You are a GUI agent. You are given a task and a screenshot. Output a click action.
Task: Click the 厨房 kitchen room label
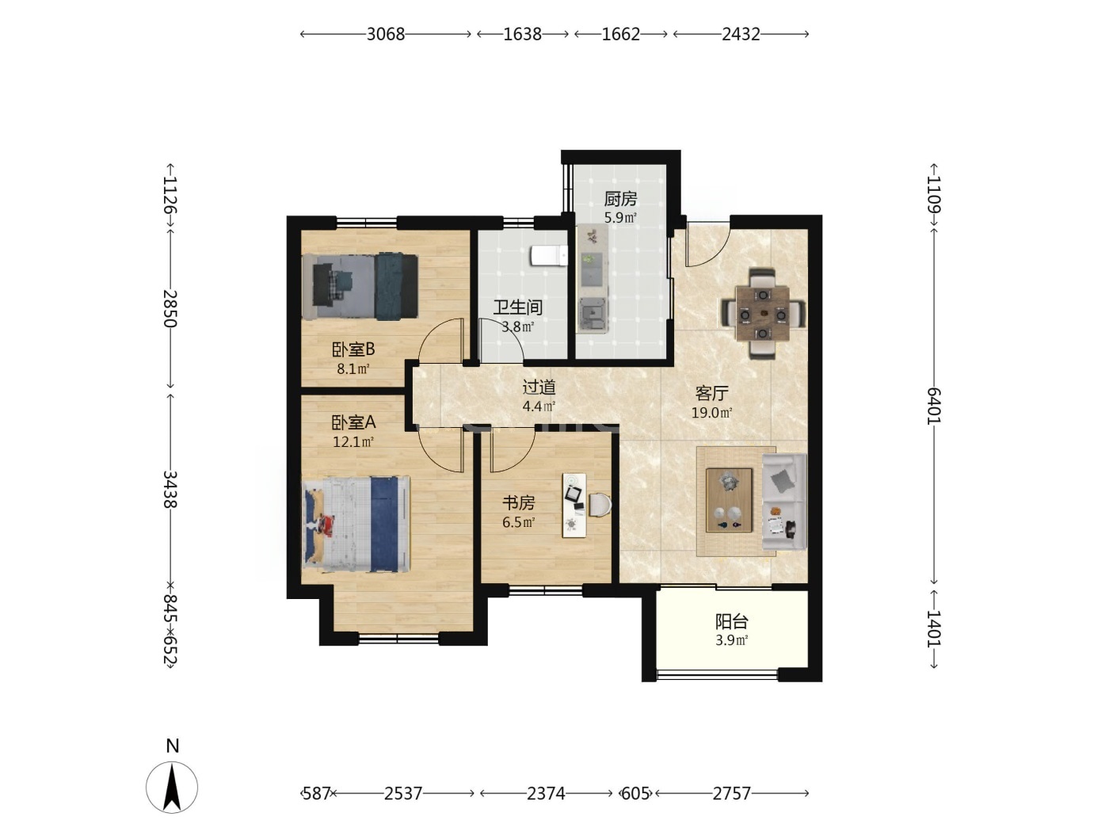click(x=620, y=199)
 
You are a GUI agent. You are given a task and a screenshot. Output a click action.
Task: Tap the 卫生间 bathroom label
click(x=518, y=307)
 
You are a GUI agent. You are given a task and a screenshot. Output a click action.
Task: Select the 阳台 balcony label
click(x=731, y=621)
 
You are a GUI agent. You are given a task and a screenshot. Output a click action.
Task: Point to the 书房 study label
click(x=518, y=502)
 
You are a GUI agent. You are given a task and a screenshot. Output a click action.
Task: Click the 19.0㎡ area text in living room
click(x=711, y=413)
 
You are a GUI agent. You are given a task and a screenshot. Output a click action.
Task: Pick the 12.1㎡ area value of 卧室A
click(x=353, y=442)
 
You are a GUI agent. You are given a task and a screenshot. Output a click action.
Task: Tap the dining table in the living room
click(x=762, y=314)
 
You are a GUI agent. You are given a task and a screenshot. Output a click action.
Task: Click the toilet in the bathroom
click(x=548, y=256)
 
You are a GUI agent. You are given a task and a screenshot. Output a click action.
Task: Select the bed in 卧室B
click(x=360, y=286)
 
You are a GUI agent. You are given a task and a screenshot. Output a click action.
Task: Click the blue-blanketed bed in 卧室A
click(x=356, y=524)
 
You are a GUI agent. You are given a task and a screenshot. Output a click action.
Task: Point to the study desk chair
click(x=600, y=505)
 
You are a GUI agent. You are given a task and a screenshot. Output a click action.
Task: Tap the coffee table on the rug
click(x=729, y=500)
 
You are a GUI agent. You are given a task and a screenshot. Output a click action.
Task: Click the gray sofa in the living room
click(x=784, y=502)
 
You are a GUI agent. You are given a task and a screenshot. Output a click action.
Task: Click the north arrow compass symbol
click(x=172, y=786)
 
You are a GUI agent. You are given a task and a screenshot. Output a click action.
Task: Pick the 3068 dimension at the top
click(x=386, y=34)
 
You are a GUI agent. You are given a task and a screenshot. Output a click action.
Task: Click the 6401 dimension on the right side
click(x=934, y=406)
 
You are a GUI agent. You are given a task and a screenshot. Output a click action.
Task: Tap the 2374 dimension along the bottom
click(x=546, y=794)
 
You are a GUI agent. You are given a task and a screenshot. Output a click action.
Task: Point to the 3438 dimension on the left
click(x=170, y=489)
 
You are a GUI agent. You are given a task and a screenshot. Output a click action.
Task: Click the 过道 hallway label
click(x=539, y=387)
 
